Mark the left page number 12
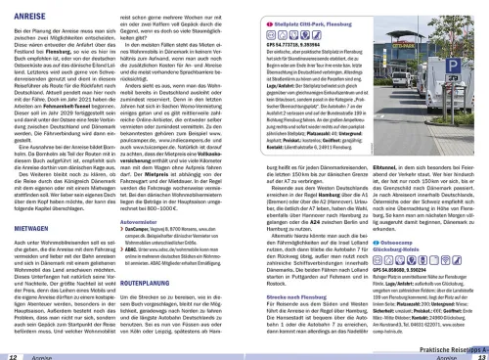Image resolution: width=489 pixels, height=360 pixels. (x=12, y=355)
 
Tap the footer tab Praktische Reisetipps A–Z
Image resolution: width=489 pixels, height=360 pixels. (x=445, y=346)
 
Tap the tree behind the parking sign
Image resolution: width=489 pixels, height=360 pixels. (x=445, y=34)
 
